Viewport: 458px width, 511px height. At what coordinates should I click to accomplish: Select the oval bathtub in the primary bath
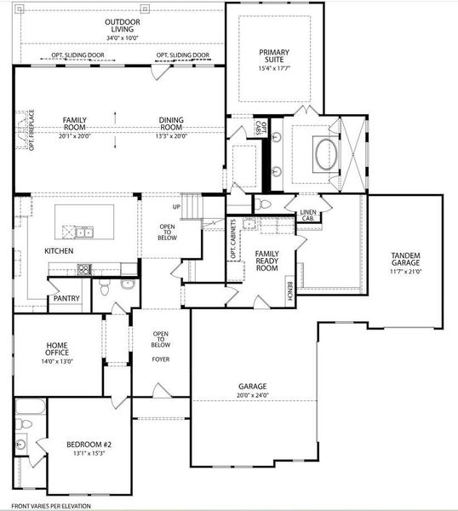tap(325, 154)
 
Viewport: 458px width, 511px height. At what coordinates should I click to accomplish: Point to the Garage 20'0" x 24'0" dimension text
tap(252, 395)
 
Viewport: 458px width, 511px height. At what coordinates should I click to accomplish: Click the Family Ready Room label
tap(267, 261)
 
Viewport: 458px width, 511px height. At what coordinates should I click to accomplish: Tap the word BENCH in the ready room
tap(290, 291)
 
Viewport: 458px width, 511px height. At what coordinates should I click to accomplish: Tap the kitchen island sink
tap(82, 232)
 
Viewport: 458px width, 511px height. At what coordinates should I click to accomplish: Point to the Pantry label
tap(66, 299)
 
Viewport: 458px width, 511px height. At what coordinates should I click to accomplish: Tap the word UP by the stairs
tap(177, 207)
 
